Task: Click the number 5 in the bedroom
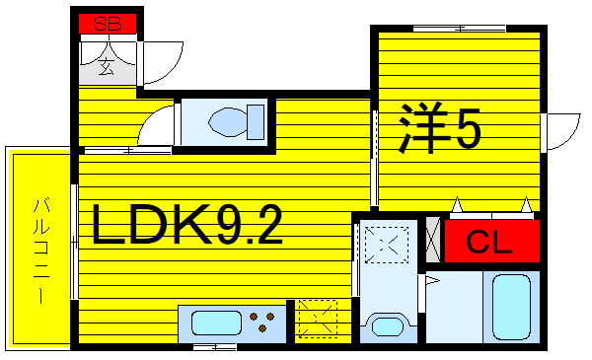click(x=468, y=128)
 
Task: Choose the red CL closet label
click(x=489, y=242)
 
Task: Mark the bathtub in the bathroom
click(x=512, y=307)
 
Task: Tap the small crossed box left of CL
click(x=432, y=240)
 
